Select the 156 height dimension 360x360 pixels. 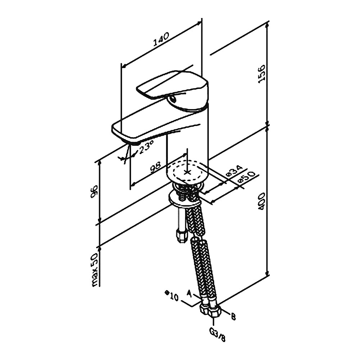click(x=261, y=74)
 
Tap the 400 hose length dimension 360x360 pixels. click(x=261, y=201)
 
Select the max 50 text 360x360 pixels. click(x=95, y=270)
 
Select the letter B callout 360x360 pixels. click(x=233, y=317)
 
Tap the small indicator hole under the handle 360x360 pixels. click(x=172, y=99)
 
